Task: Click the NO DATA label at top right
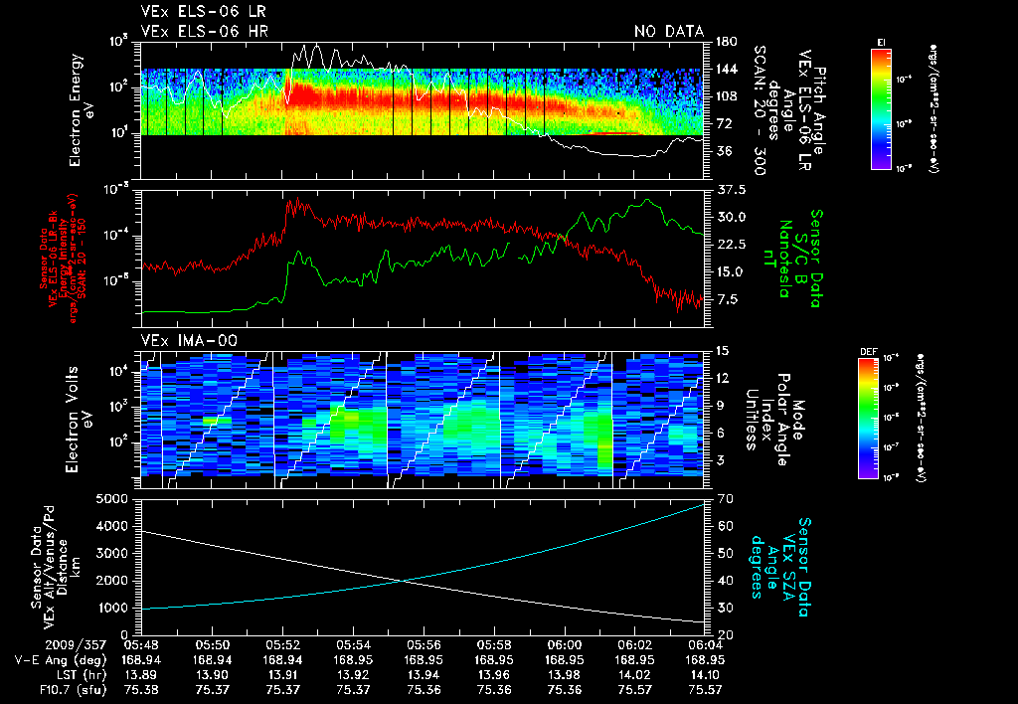click(x=669, y=31)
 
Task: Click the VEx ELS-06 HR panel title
click(x=195, y=31)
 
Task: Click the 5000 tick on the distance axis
click(x=117, y=499)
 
